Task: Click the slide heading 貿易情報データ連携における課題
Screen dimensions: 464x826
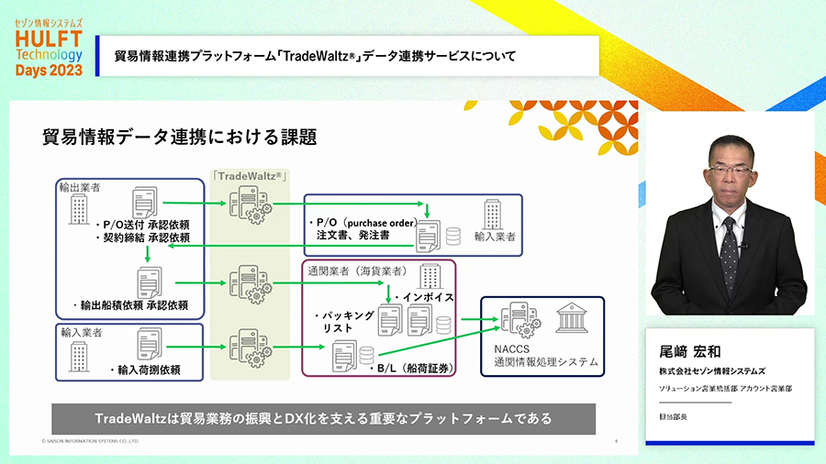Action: [x=180, y=138]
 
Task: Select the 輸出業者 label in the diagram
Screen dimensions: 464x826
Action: [x=80, y=187]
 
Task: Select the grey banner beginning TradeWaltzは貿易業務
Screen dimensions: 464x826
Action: [x=323, y=419]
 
